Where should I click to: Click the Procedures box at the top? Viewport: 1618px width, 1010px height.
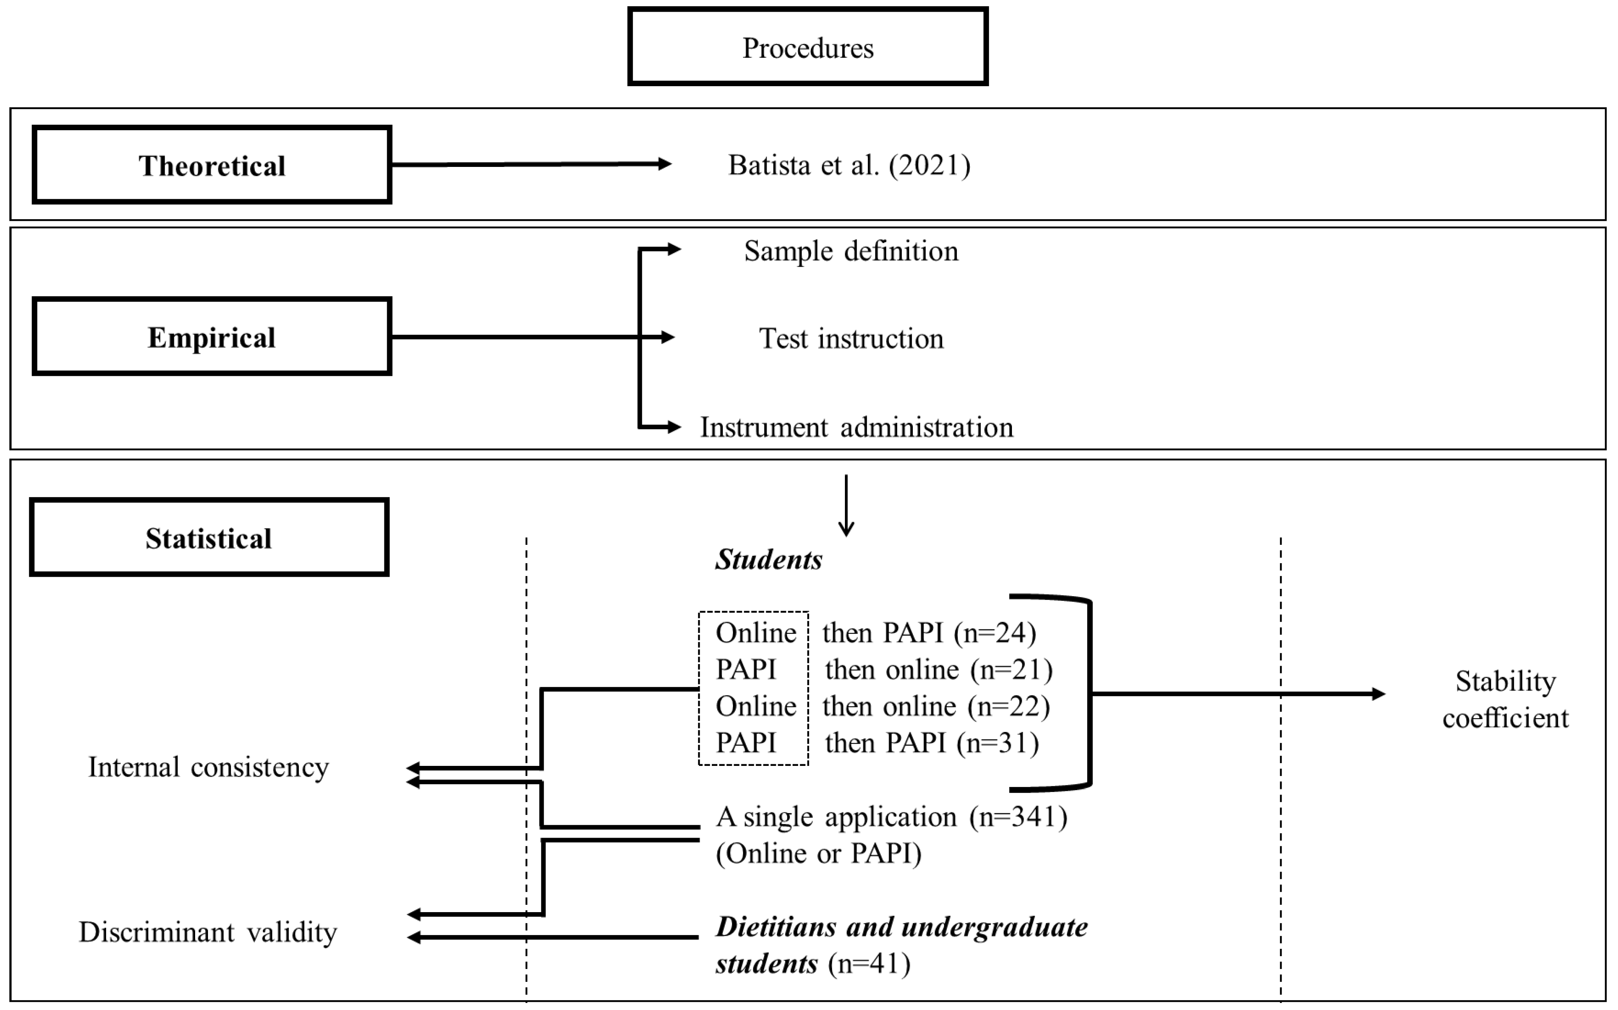tap(807, 47)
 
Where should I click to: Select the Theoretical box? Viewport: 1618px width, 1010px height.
tap(212, 165)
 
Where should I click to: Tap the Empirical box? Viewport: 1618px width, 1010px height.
tap(212, 337)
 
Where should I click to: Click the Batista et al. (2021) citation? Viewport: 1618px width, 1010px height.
tap(849, 165)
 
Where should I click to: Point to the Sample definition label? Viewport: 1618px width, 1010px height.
tap(851, 251)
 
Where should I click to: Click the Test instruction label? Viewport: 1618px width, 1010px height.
tap(851, 338)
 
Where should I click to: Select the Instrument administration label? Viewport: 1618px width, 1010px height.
tap(856, 427)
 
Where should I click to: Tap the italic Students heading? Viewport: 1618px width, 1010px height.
tap(768, 560)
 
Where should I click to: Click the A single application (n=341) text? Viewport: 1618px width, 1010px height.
tap(891, 817)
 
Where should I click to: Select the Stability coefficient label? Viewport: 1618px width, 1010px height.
tap(1505, 699)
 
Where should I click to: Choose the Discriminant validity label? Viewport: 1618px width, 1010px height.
tap(208, 932)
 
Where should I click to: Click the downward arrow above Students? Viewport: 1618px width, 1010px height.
tap(846, 506)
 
